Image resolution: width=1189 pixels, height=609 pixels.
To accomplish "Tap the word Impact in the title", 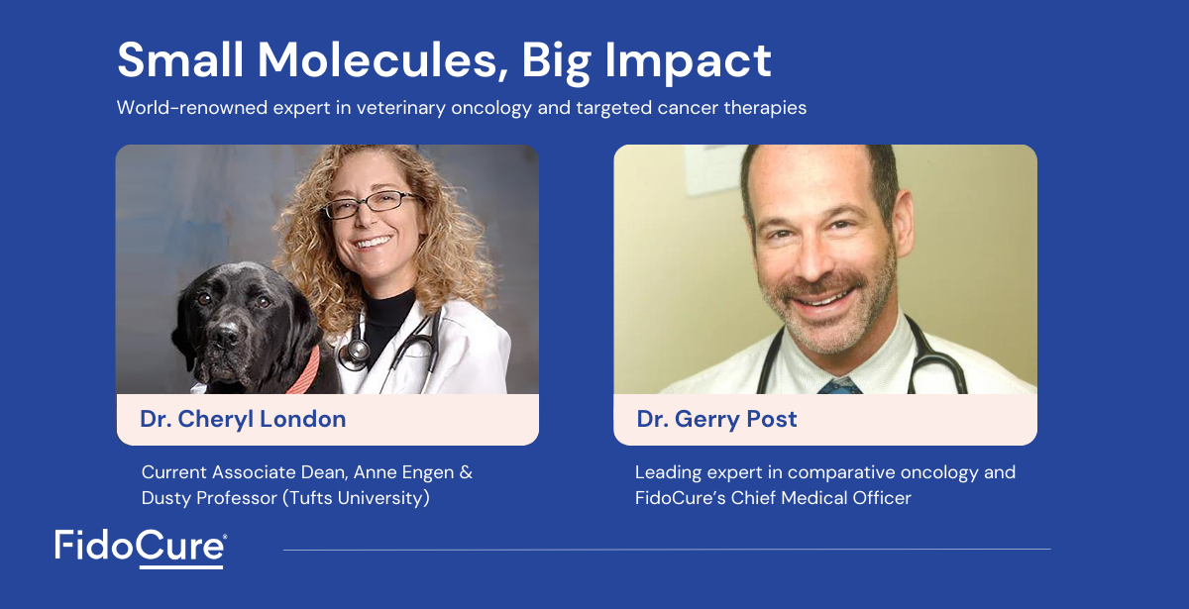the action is pyautogui.click(x=688, y=62).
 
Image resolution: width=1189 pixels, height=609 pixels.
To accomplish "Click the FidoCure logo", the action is pyautogui.click(x=141, y=549).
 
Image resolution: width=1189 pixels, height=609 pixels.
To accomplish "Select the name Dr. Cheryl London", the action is pyautogui.click(x=243, y=419).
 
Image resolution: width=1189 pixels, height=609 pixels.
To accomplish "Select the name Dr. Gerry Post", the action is pyautogui.click(x=716, y=419).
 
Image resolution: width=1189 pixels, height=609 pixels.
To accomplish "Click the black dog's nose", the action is pyautogui.click(x=227, y=336).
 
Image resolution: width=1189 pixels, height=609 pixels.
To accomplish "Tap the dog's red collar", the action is pyautogui.click(x=304, y=371).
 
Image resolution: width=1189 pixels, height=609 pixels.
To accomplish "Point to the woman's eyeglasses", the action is pyautogui.click(x=371, y=204).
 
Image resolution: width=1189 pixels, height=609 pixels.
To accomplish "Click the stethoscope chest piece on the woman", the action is pyautogui.click(x=356, y=352).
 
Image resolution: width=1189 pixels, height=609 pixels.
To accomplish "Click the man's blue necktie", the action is pyautogui.click(x=840, y=385).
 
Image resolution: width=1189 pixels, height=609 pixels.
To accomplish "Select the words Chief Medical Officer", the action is pyautogui.click(x=820, y=498).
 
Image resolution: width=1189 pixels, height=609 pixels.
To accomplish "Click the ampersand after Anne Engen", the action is pyautogui.click(x=466, y=472).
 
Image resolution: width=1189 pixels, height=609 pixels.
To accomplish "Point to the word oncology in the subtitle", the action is pyautogui.click(x=491, y=108).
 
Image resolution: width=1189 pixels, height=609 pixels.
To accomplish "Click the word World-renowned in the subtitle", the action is pyautogui.click(x=192, y=108).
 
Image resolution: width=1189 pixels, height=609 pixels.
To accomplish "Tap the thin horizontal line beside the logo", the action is pyautogui.click(x=667, y=550).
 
